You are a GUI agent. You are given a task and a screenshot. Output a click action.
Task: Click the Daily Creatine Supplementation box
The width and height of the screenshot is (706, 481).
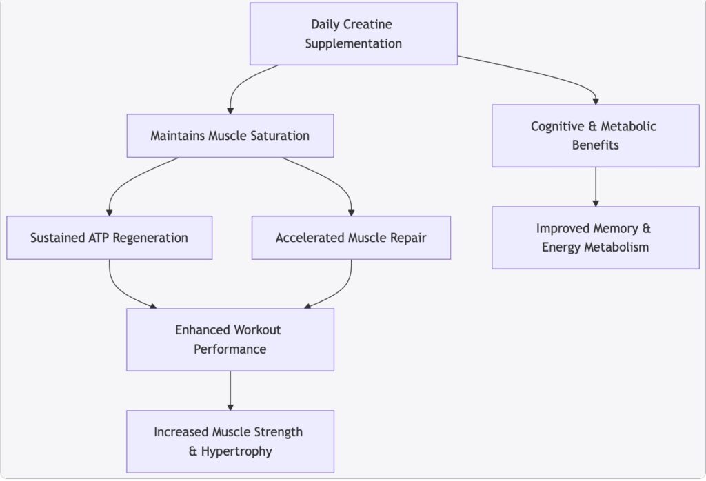tap(353, 34)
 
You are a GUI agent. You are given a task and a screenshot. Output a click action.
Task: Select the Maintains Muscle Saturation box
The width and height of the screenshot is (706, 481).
tap(230, 136)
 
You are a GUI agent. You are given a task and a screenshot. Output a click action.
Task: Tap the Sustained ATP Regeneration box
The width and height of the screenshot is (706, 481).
tap(109, 238)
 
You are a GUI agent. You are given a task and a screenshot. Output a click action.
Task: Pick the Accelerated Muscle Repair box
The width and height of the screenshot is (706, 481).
tap(351, 238)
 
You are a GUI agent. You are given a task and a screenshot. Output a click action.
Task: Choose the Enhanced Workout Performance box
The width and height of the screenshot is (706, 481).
tap(230, 340)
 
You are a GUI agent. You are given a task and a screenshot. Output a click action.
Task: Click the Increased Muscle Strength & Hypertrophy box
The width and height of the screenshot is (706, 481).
tap(230, 442)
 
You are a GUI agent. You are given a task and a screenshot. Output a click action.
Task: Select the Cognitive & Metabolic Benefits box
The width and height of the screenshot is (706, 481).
tap(595, 136)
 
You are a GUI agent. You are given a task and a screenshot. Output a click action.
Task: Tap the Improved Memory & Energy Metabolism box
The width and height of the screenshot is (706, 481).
tap(595, 238)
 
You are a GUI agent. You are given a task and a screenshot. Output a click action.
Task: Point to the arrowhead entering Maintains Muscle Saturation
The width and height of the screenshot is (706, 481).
tap(230, 110)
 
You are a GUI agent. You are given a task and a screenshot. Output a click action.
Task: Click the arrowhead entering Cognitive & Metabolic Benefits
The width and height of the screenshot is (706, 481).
tap(596, 100)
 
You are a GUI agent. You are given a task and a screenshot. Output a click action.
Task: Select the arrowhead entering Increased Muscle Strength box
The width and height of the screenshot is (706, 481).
tap(230, 406)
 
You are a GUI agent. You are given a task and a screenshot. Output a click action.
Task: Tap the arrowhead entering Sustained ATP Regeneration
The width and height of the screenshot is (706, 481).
tap(109, 212)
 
